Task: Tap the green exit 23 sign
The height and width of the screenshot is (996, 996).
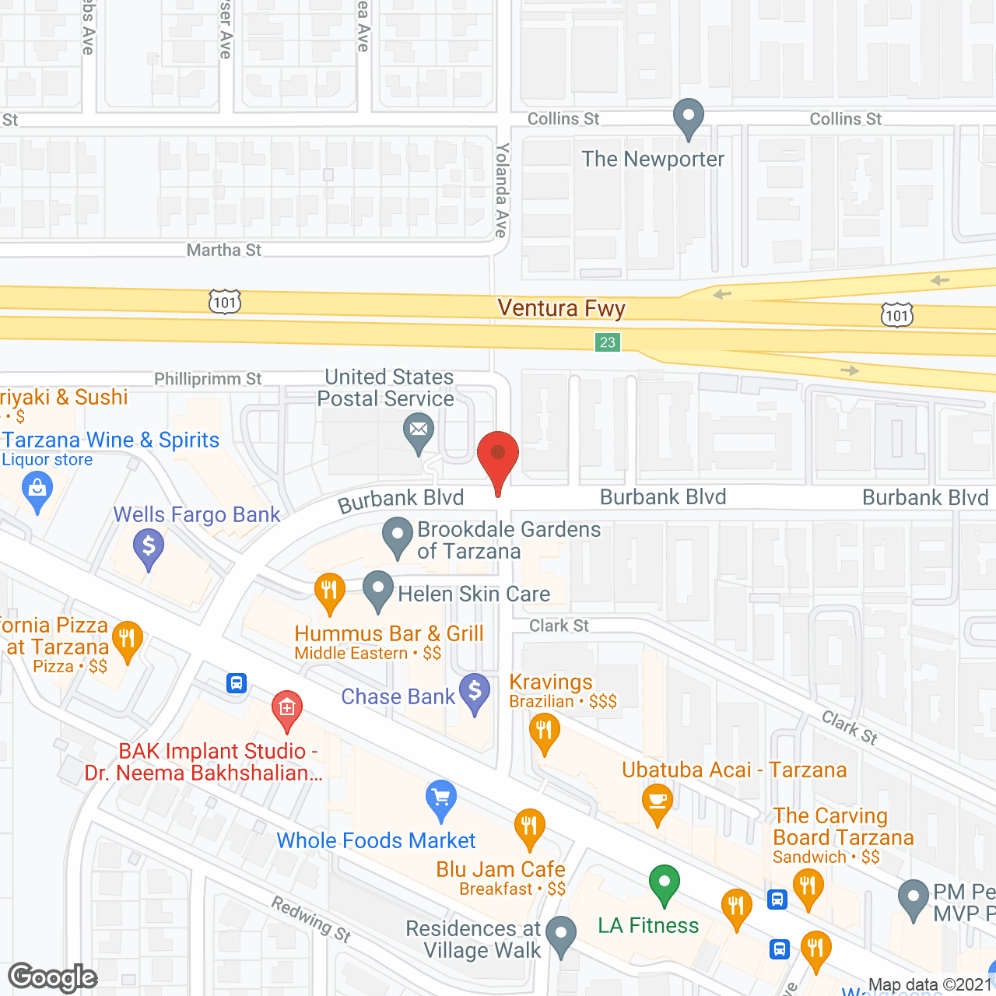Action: pos(608,342)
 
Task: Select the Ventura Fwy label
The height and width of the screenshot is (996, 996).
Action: pos(561,309)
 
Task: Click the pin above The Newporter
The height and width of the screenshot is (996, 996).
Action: pos(689,118)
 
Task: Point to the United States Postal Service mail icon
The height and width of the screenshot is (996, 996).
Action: pos(419,430)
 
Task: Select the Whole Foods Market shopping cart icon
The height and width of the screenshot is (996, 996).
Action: pos(441,798)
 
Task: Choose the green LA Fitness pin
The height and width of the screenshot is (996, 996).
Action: pos(664,883)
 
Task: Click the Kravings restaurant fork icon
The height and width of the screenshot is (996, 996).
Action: pos(544,732)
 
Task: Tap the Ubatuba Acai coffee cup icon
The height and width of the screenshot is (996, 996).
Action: pos(658,802)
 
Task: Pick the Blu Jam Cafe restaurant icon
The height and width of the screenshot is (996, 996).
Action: pos(529,826)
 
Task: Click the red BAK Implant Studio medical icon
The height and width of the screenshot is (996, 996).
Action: pos(287,708)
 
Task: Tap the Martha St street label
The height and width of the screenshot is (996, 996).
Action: pos(224,250)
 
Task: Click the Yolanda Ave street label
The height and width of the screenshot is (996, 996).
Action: pos(502,191)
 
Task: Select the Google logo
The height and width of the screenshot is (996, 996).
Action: pos(53,977)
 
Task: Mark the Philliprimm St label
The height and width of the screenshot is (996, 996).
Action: pos(208,379)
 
